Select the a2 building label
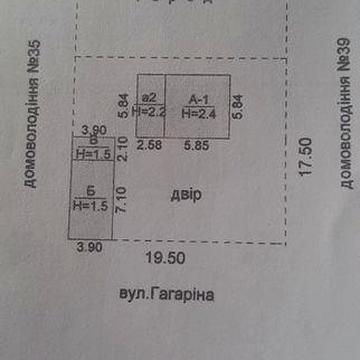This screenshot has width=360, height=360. [152, 98]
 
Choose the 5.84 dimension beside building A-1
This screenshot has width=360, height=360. [238, 105]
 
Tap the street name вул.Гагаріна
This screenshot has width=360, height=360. [161, 295]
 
